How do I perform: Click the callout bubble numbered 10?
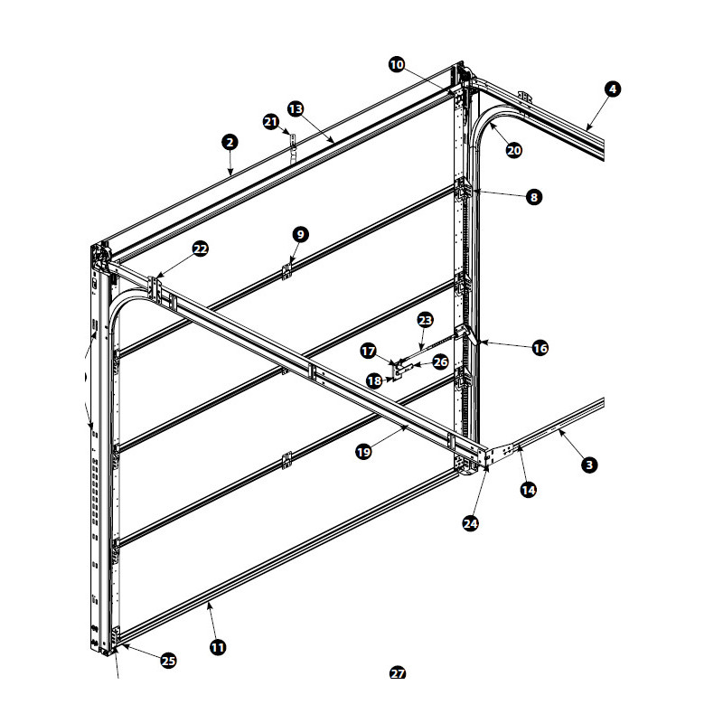pyautogui.click(x=397, y=64)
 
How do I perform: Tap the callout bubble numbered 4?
pyautogui.click(x=613, y=89)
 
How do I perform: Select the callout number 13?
pyautogui.click(x=296, y=109)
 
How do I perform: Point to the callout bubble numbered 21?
pyautogui.click(x=271, y=122)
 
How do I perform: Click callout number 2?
pyautogui.click(x=230, y=142)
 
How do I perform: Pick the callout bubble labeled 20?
pyautogui.click(x=513, y=150)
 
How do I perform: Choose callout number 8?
pyautogui.click(x=534, y=197)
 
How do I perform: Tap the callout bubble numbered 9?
pyautogui.click(x=301, y=235)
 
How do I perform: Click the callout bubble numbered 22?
pyautogui.click(x=200, y=249)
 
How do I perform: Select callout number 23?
pyautogui.click(x=425, y=320)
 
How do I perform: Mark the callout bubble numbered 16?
pyautogui.click(x=540, y=348)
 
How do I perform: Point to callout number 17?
pyautogui.click(x=368, y=352)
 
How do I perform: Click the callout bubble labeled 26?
pyautogui.click(x=440, y=362)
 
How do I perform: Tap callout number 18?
pyautogui.click(x=374, y=380)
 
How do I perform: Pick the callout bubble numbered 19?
pyautogui.click(x=364, y=452)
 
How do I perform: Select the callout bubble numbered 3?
pyautogui.click(x=589, y=465)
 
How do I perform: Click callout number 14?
pyautogui.click(x=528, y=490)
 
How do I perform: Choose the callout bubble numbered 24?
pyautogui.click(x=470, y=524)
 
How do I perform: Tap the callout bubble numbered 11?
pyautogui.click(x=218, y=647)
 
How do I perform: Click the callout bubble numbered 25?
pyautogui.click(x=168, y=661)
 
